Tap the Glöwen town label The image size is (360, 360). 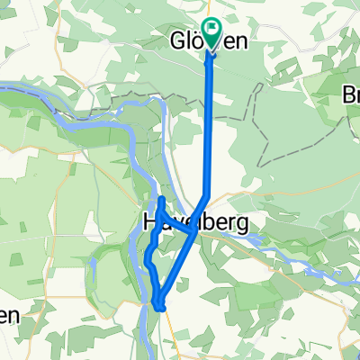click(209, 40)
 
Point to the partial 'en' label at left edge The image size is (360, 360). click(8, 316)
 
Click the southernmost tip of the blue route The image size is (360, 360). click(161, 309)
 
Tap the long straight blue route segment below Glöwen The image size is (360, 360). click(211, 126)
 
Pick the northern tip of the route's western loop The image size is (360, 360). click(160, 198)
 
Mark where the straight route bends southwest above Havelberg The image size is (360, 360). click(209, 196)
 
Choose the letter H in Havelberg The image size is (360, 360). click(149, 221)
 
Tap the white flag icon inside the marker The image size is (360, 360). click(212, 29)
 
